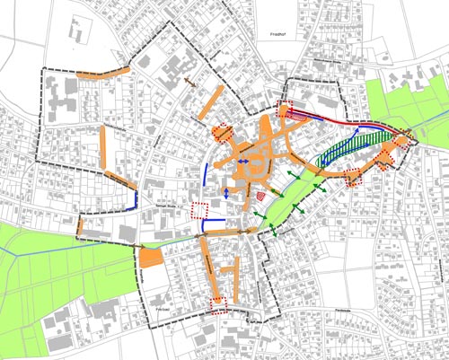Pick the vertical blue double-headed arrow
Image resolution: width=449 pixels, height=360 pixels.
226,192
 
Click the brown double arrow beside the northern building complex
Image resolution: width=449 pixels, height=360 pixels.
189,81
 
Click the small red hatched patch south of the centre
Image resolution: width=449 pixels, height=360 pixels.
261,193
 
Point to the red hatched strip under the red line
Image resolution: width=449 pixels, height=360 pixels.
298,114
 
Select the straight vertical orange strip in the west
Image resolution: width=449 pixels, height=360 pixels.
104,148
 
